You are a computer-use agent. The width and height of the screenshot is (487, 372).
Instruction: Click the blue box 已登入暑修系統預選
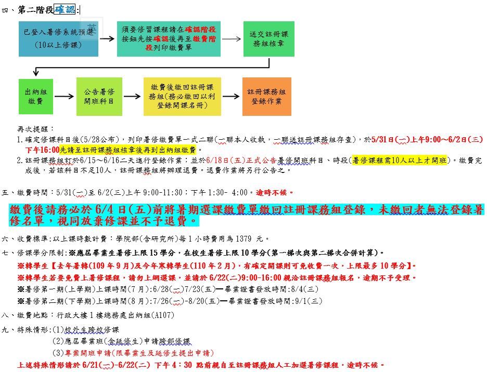[58, 39]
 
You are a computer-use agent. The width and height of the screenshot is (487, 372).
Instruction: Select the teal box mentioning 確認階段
[169, 39]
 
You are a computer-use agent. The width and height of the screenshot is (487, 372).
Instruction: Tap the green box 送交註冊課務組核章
[268, 39]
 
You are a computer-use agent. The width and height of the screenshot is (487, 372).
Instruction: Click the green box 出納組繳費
[36, 97]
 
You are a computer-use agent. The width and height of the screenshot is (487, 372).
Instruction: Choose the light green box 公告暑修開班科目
[99, 97]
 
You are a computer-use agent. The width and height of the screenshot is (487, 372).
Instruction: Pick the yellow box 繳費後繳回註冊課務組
[182, 97]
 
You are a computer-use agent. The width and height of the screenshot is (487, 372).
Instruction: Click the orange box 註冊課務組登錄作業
[266, 97]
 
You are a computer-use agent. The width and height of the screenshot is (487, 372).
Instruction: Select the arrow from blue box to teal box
[107, 39]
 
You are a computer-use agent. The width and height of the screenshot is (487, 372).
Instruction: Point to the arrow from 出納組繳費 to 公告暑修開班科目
[65, 97]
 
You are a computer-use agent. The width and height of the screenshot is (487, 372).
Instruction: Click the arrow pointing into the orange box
[231, 96]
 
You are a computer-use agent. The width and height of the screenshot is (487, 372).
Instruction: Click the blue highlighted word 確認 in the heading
[65, 10]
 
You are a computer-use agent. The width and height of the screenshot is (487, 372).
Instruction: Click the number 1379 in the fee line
[244, 238]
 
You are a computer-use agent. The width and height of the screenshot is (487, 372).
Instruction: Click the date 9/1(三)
[308, 301]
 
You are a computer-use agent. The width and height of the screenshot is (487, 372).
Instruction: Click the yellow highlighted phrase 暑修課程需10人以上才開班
[399, 160]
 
